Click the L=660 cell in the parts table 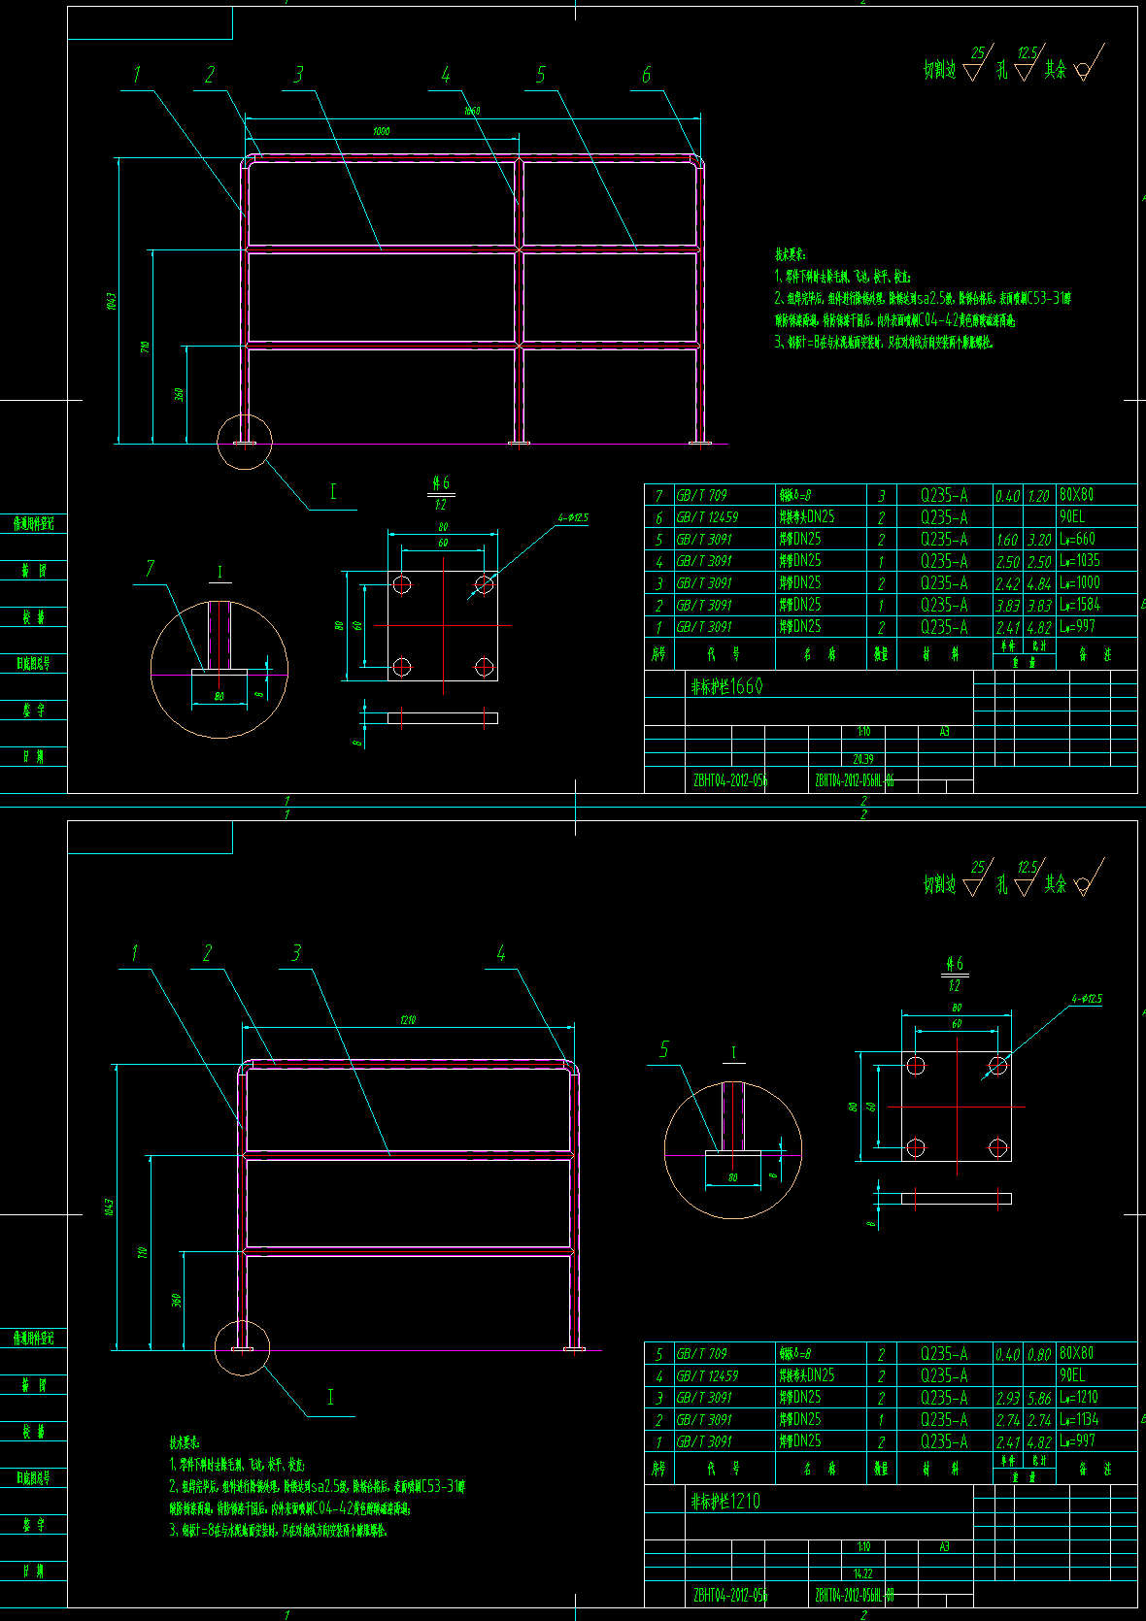pos(1078,539)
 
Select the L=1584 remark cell pos(1080,605)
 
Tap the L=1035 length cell pos(1080,561)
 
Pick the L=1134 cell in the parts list pos(1079,1419)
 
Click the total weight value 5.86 pos(1039,1398)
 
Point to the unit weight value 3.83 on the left pos(1007,605)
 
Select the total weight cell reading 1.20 pos(1039,496)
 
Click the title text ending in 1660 pos(726,686)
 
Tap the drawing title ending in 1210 pos(725,1501)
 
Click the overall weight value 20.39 pos(863,759)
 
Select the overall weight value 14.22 pos(863,1573)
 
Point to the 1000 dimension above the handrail pos(382,131)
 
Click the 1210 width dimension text pos(408,1020)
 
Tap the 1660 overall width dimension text pos(472,111)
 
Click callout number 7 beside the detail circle pos(150,568)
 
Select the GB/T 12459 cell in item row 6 pos(708,517)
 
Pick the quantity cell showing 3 pos(881,496)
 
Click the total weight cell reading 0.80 pos(1039,1354)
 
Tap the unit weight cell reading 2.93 pos(1007,1398)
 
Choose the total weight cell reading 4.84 pos(1039,583)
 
